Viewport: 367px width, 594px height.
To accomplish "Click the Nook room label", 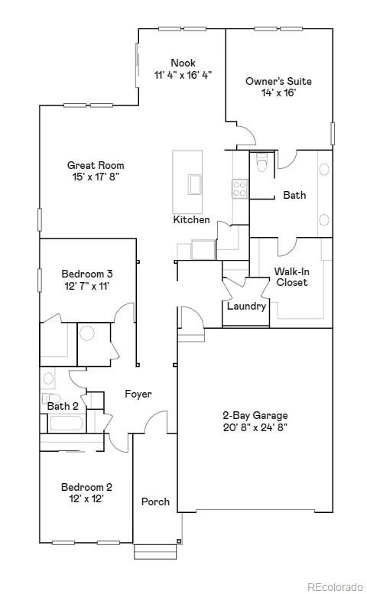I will pyautogui.click(x=183, y=63).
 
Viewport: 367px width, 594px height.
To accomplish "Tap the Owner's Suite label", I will pyautogui.click(x=278, y=81).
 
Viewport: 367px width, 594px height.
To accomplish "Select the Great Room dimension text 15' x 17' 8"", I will pyautogui.click(x=95, y=177).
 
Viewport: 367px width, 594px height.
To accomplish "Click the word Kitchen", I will pyautogui.click(x=191, y=220).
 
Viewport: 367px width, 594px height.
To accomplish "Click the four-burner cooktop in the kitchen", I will pyautogui.click(x=240, y=188).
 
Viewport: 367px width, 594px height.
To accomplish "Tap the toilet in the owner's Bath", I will pyautogui.click(x=261, y=164).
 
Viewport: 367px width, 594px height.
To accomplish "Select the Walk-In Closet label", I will pyautogui.click(x=291, y=277).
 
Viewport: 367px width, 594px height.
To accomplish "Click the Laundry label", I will pyautogui.click(x=246, y=307).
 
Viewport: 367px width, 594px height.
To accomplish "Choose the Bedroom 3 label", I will pyautogui.click(x=87, y=274).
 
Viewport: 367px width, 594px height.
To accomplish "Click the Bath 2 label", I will pyautogui.click(x=63, y=406).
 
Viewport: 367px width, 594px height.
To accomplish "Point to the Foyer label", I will pyautogui.click(x=138, y=394).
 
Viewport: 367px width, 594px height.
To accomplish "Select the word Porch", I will pyautogui.click(x=155, y=502).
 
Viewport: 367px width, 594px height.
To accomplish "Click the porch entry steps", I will pyautogui.click(x=155, y=550).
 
